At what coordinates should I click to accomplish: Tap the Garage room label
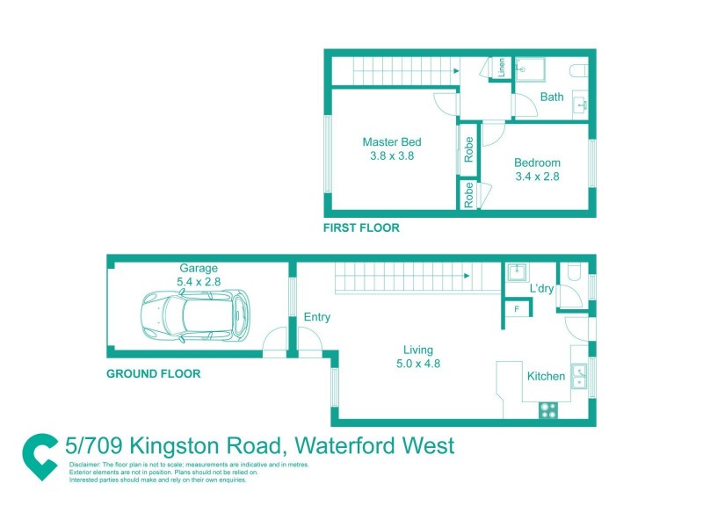click(x=199, y=268)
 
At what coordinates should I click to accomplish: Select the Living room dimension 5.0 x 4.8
click(x=417, y=363)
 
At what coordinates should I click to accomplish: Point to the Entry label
click(x=316, y=317)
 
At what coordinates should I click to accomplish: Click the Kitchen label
click(x=546, y=376)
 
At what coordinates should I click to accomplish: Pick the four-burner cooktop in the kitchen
click(x=548, y=408)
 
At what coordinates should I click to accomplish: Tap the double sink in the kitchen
click(x=579, y=377)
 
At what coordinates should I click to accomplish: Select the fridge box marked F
click(x=517, y=309)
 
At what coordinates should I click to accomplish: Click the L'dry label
click(x=540, y=289)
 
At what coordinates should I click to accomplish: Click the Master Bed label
click(x=392, y=142)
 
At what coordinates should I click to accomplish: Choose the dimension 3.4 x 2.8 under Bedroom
click(x=537, y=176)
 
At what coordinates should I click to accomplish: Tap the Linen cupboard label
click(x=502, y=69)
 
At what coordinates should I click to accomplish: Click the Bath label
click(x=552, y=97)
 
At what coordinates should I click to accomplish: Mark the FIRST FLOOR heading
click(x=361, y=227)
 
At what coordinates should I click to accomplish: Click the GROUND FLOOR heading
click(x=153, y=373)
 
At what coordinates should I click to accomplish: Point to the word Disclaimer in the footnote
click(x=84, y=463)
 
